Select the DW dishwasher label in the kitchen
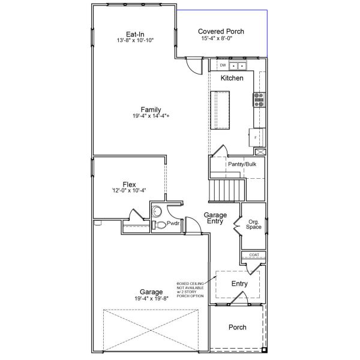[x=222, y=65]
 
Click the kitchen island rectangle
[x=220, y=109]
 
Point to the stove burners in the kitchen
[x=259, y=99]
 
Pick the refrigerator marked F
[x=257, y=137]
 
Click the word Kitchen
[x=232, y=79]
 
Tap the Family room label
[x=151, y=109]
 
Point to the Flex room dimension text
[x=129, y=191]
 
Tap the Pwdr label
[x=173, y=223]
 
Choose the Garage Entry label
[x=214, y=218]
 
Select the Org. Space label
[x=253, y=225]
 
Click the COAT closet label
[x=254, y=255]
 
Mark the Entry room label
[x=239, y=283]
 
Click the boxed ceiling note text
[x=191, y=289]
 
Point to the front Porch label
[x=238, y=327]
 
